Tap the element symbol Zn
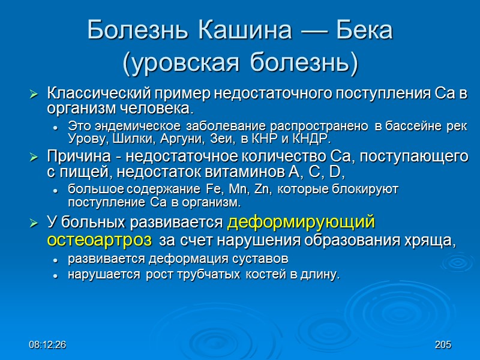click(260, 190)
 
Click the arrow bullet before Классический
click(34, 94)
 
